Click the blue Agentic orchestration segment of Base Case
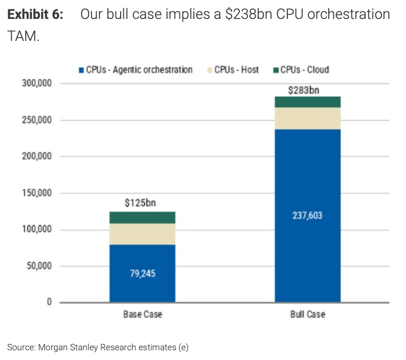[143, 273]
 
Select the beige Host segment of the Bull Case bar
[308, 118]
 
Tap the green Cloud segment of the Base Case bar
[143, 217]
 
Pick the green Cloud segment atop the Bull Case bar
[308, 102]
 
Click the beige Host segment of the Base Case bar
[143, 234]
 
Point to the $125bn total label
[140, 203]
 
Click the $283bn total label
[304, 91]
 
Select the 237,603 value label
[307, 215]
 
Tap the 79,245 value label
[143, 274]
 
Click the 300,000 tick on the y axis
[37, 83]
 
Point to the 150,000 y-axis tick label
[37, 193]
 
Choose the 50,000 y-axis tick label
[39, 266]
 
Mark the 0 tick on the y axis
[49, 302]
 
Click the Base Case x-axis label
[143, 314]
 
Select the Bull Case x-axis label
[308, 314]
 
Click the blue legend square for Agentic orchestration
[81, 70]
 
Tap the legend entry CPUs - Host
[233, 70]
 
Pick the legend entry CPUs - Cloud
[301, 70]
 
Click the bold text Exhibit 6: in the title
[35, 14]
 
